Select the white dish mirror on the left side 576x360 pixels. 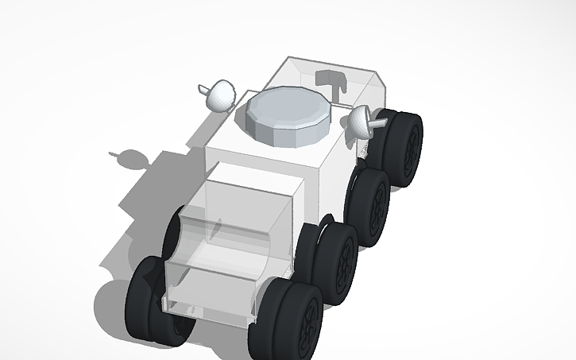pyautogui.click(x=221, y=96)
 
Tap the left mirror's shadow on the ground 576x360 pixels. pyautogui.click(x=129, y=158)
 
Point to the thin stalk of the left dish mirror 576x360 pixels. pyautogui.click(x=202, y=87)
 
